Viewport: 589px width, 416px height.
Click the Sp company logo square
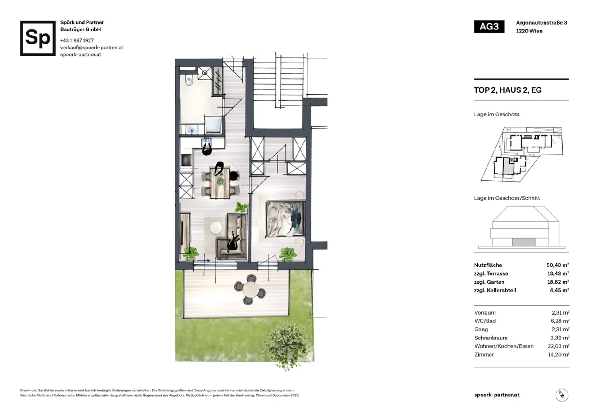pyautogui.click(x=38, y=38)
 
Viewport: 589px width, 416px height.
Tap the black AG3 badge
pyautogui.click(x=489, y=27)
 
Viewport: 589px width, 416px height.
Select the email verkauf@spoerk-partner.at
pyautogui.click(x=92, y=48)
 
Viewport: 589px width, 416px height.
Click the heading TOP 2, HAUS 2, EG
pyautogui.click(x=508, y=90)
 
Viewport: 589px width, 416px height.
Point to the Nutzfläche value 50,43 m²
pyautogui.click(x=557, y=265)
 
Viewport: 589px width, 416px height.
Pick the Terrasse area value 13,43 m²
pyautogui.click(x=558, y=273)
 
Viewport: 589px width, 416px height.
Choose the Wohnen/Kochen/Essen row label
pyautogui.click(x=504, y=346)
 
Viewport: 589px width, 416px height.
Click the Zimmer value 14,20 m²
pyautogui.click(x=559, y=355)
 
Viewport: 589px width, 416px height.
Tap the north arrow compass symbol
pyautogui.click(x=562, y=395)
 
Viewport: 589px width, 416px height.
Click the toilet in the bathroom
pyautogui.click(x=189, y=80)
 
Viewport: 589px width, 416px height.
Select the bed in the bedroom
pyautogui.click(x=285, y=219)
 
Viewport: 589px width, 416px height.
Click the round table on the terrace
pyautogui.click(x=251, y=290)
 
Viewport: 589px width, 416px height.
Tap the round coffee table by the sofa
pyautogui.click(x=216, y=227)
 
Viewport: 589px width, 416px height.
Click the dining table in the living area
pyautogui.click(x=220, y=183)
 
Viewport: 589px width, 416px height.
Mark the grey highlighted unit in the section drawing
pyautogui.click(x=524, y=242)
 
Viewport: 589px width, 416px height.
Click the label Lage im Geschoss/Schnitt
pyautogui.click(x=507, y=198)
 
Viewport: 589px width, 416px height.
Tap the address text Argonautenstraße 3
pyautogui.click(x=541, y=23)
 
